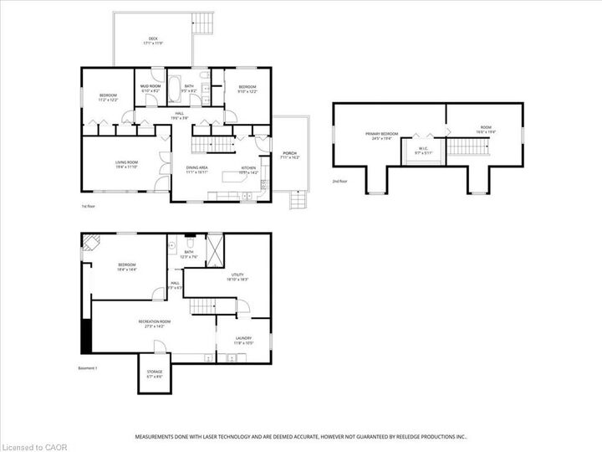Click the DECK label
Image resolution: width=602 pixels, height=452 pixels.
click(153, 39)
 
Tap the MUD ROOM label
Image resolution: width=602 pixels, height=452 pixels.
click(150, 88)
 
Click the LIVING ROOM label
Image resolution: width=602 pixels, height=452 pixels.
click(126, 164)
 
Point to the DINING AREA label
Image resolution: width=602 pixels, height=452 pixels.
click(197, 170)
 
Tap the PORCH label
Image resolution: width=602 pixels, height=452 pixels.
click(290, 155)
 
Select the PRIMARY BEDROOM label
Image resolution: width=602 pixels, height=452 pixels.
click(380, 136)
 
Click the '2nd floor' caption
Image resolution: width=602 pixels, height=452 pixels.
click(339, 181)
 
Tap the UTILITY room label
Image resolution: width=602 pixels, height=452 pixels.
click(237, 276)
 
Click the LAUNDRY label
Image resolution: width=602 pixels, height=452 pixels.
click(243, 340)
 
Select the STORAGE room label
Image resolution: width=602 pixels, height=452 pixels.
click(155, 373)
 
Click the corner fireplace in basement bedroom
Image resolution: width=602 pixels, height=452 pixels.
click(89, 242)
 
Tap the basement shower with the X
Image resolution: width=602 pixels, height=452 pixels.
click(214, 247)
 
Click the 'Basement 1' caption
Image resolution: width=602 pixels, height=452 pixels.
click(88, 368)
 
